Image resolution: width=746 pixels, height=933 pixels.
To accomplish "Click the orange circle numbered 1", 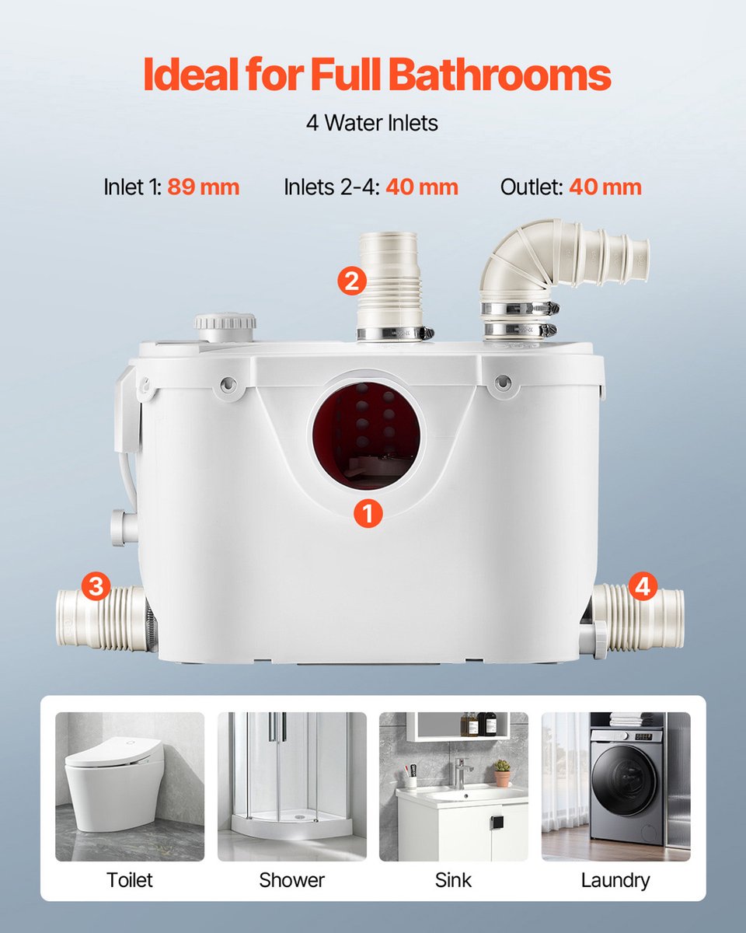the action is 368,513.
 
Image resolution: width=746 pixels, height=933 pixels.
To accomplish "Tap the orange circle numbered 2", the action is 352,281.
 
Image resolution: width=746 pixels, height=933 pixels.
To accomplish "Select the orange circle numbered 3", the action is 96,586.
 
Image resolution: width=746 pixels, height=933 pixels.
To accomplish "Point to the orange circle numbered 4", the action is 643,586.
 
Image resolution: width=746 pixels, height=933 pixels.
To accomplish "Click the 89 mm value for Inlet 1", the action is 204,187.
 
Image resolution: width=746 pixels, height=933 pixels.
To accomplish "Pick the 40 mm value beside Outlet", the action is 605,187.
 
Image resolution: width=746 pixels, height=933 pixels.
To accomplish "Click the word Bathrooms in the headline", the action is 500,74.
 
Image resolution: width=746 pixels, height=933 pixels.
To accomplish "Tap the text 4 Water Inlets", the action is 372,123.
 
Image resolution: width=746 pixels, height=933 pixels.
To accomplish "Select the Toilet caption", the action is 130,879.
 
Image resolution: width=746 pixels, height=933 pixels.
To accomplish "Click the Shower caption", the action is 291,879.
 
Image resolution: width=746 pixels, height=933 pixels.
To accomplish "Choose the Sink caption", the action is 453,879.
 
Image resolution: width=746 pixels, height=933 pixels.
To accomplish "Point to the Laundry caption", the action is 615,881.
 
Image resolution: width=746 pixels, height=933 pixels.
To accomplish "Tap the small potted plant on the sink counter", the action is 503,773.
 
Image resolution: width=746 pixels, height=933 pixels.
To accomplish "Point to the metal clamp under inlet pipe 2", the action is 395,333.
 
